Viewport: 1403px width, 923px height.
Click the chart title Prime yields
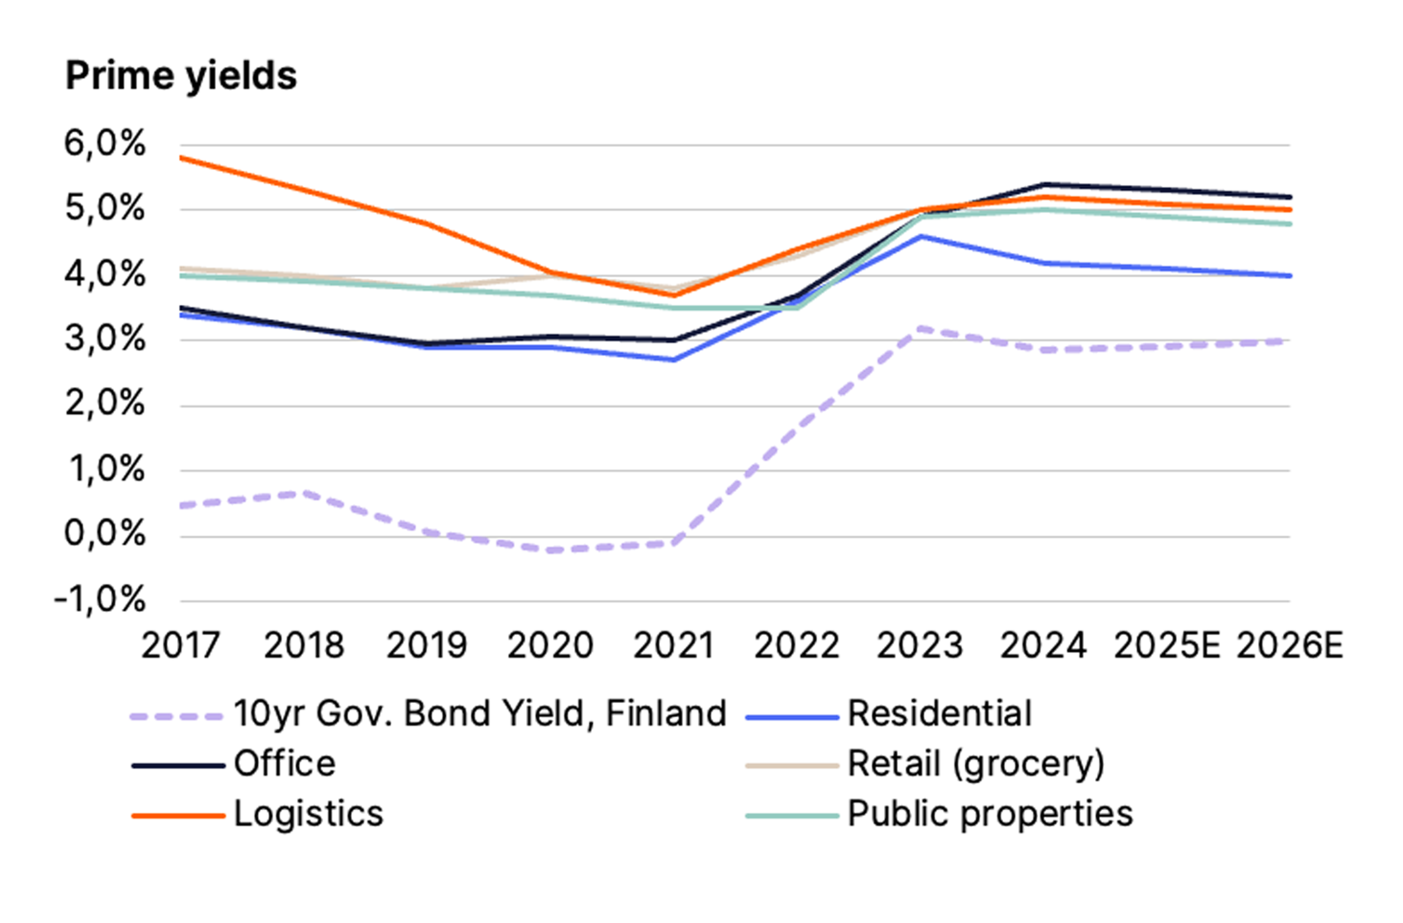[x=181, y=77]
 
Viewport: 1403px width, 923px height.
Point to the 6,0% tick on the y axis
[x=104, y=144]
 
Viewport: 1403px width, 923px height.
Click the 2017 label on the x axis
[x=180, y=645]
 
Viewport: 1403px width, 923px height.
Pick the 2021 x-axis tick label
[x=673, y=645]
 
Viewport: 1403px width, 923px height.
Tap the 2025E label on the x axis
[x=1166, y=645]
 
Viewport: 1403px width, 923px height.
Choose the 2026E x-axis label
[x=1289, y=645]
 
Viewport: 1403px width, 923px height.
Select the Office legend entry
[x=285, y=764]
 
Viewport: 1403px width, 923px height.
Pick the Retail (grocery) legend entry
[x=976, y=764]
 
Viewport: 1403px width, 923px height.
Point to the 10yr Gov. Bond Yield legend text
[x=480, y=714]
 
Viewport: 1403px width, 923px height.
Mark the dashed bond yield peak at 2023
[x=920, y=328]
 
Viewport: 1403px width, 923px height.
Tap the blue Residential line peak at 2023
[x=920, y=236]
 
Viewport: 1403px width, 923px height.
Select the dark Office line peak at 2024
[x=1043, y=184]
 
